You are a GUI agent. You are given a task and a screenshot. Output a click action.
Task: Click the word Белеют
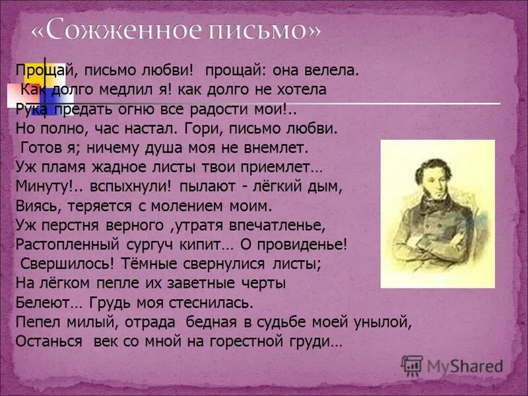tap(40, 304)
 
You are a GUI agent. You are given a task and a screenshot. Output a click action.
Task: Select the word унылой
tap(389, 323)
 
